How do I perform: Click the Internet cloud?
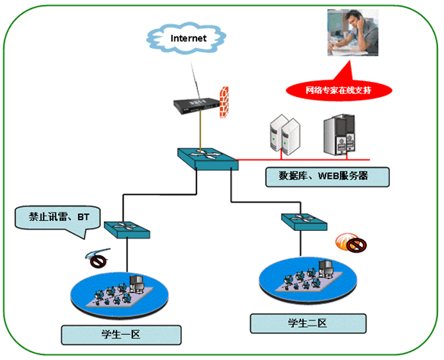click(x=186, y=37)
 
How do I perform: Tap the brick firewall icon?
click(x=224, y=102)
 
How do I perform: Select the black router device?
click(x=197, y=105)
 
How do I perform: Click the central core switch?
click(x=208, y=159)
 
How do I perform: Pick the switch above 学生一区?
click(x=127, y=230)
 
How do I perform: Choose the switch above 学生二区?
click(x=304, y=222)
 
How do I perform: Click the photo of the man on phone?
click(x=353, y=32)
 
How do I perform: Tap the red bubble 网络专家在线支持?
click(x=339, y=90)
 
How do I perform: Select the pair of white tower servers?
click(x=285, y=135)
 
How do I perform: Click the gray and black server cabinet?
click(x=339, y=135)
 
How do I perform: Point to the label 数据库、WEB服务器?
click(x=327, y=177)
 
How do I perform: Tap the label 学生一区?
click(x=122, y=335)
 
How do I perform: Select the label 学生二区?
click(x=308, y=323)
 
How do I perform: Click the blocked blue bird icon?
click(x=98, y=258)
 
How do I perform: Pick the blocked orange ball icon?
click(x=351, y=242)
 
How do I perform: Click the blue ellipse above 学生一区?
click(x=119, y=294)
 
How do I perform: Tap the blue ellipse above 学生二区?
click(x=308, y=281)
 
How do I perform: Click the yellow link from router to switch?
click(x=200, y=131)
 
